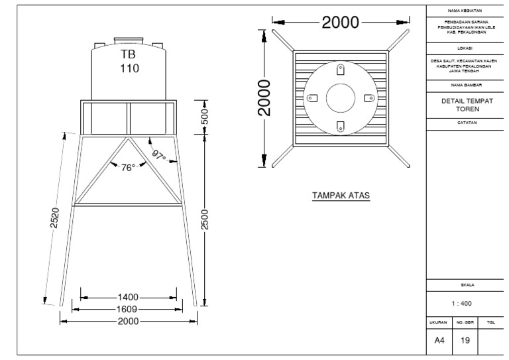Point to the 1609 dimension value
coord(129,310)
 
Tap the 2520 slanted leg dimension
coord(56,218)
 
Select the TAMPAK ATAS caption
coord(341,196)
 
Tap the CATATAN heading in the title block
coord(467,123)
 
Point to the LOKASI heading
coord(467,48)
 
